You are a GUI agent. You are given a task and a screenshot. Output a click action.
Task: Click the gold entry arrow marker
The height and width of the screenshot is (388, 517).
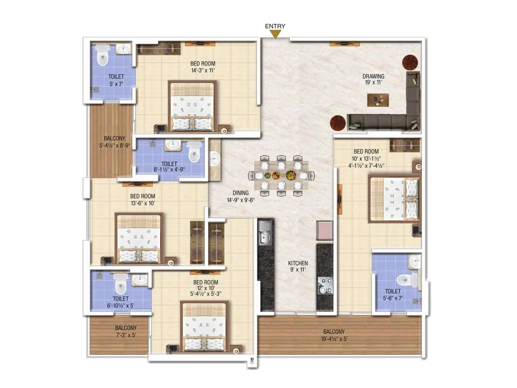coord(275,34)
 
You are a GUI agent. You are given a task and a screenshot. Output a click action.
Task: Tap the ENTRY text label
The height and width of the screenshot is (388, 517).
coord(275,26)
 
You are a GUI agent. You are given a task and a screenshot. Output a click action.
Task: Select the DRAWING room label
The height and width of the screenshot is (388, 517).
coord(373,76)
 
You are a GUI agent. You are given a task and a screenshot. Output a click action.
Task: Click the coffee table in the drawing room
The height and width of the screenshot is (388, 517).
coord(378,100)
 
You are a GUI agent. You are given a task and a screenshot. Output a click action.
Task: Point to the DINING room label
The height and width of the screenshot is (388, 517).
coord(241,193)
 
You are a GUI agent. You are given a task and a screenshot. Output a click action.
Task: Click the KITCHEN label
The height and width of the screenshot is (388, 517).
coord(298,263)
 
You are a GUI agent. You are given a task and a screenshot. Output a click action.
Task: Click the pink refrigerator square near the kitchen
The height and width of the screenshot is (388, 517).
coord(324,230)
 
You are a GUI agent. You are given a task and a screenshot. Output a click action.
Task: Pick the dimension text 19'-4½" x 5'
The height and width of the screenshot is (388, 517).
coord(334,339)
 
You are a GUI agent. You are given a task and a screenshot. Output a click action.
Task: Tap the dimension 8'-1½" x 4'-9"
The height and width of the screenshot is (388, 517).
coord(169,169)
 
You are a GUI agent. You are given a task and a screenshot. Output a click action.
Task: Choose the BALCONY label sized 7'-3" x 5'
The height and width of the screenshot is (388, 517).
coord(126,328)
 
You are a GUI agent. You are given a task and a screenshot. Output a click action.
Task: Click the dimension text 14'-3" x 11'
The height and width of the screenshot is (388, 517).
coord(203,70)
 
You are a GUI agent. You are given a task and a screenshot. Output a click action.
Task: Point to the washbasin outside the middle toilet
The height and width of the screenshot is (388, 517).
coord(215,159)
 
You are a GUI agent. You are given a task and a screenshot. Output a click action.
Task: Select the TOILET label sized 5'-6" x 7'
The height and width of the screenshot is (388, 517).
coord(393,291)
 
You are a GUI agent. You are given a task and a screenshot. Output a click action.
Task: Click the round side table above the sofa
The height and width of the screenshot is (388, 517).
coord(410,63)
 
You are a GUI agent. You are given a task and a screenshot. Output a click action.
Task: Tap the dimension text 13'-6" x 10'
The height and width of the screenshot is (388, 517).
coord(142,203)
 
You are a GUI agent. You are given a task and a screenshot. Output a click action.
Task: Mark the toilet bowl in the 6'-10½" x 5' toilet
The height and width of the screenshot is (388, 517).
coord(120,283)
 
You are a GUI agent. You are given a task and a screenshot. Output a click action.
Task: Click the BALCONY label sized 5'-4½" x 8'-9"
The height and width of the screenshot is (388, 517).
coord(114,138)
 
